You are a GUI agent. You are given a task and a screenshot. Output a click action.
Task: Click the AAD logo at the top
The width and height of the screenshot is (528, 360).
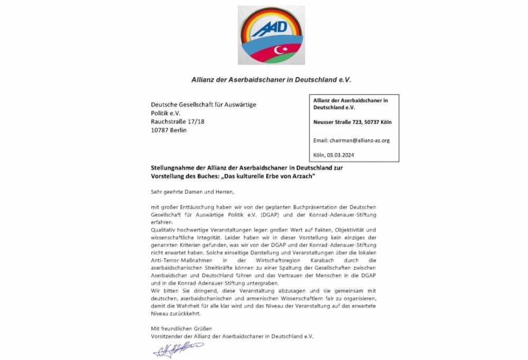click(x=271, y=35)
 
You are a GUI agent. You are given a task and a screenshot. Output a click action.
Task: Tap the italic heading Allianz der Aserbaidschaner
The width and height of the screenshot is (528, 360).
click(x=271, y=80)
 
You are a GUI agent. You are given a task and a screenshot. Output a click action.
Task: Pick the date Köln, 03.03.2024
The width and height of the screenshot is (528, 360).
click(x=334, y=155)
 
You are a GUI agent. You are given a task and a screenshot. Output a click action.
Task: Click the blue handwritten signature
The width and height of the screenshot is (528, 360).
click(x=178, y=349)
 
